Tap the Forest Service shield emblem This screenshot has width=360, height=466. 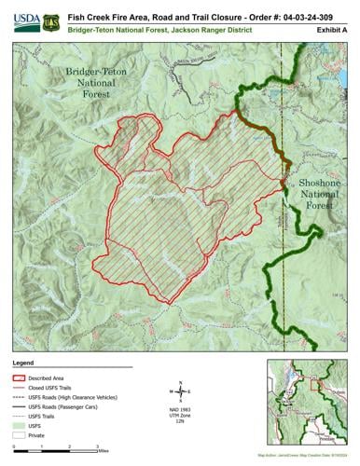(50, 19)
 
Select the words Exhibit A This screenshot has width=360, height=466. (330, 31)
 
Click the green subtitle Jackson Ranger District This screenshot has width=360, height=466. (211, 31)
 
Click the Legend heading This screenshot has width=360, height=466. (24, 361)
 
